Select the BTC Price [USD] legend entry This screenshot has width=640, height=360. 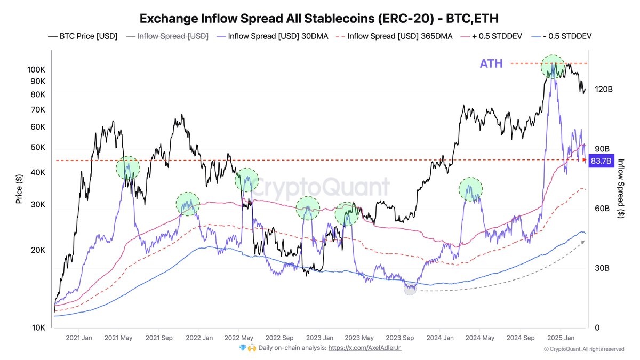[83, 37]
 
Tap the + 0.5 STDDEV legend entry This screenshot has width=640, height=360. [492, 37]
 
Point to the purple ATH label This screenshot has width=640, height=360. [491, 64]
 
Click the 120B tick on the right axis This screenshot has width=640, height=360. [604, 89]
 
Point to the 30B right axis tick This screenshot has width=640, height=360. [603, 268]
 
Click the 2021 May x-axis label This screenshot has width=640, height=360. [118, 338]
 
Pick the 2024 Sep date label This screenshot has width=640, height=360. [521, 338]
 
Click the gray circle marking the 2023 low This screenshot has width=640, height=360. [410, 290]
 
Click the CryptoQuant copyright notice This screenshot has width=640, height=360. [584, 349]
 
